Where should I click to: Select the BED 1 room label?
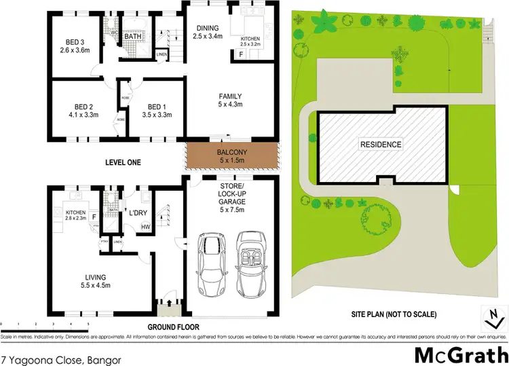click(x=156, y=111)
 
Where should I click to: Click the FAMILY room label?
click(x=229, y=100)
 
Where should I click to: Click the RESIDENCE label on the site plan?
click(x=381, y=144)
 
